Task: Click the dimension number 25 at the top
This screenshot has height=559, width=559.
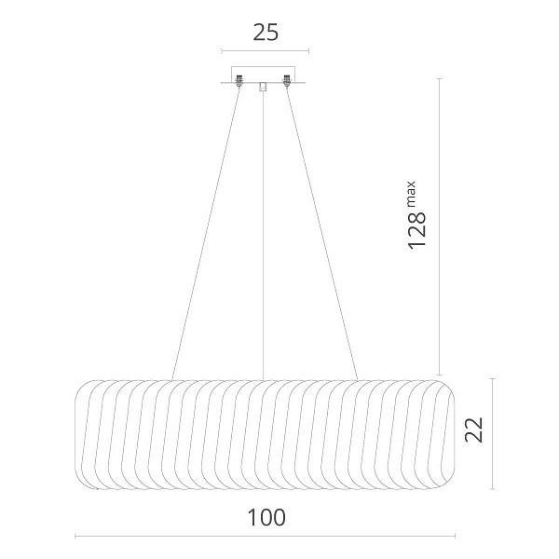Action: [266, 33]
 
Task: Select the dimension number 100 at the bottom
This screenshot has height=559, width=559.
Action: [266, 518]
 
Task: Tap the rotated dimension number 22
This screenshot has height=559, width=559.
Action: [474, 429]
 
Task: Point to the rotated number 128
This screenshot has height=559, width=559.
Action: [417, 230]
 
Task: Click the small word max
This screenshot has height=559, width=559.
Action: [411, 194]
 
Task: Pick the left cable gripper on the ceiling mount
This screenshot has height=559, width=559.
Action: [239, 81]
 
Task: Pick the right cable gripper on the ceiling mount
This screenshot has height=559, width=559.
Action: [286, 81]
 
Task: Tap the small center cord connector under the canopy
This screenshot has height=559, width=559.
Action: [263, 87]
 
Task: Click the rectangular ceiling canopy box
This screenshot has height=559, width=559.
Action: [263, 75]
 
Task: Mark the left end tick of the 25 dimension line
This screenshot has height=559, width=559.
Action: [222, 51]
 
